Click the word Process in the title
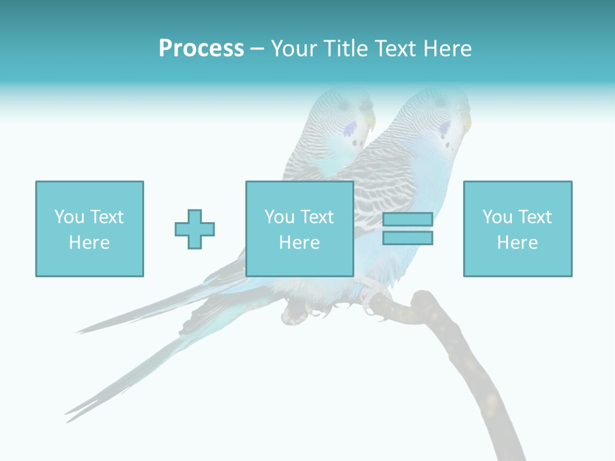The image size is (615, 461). (x=201, y=49)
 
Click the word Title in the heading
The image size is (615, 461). (x=345, y=49)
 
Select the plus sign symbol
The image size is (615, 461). (x=195, y=229)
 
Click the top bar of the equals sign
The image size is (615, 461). (x=407, y=220)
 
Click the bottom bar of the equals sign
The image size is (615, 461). (x=407, y=238)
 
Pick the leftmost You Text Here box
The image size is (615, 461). (x=90, y=229)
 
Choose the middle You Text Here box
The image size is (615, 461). (x=299, y=229)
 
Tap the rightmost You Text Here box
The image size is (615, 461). (x=518, y=229)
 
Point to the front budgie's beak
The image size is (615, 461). (x=466, y=122)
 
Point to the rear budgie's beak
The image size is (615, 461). (x=370, y=120)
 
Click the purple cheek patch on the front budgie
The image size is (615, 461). (x=443, y=131)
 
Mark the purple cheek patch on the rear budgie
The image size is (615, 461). (x=350, y=131)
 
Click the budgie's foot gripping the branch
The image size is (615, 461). (x=375, y=296)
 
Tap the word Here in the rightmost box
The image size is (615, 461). (x=518, y=243)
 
